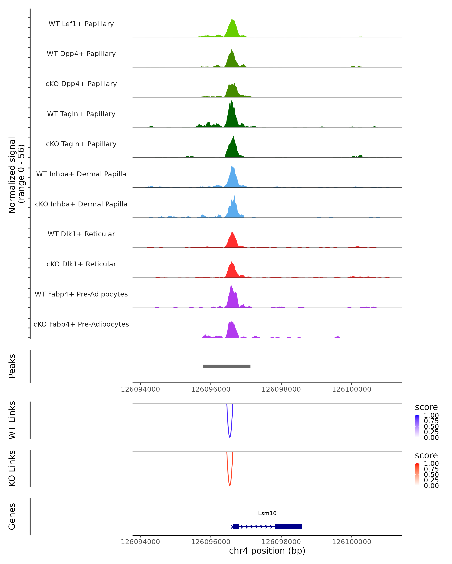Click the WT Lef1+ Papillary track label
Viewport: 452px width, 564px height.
pyautogui.click(x=81, y=24)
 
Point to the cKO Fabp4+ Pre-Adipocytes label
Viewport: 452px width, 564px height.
pyautogui.click(x=81, y=324)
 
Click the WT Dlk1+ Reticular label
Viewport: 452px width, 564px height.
pyautogui.click(x=81, y=234)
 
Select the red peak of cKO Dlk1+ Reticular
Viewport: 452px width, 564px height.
pyautogui.click(x=232, y=262)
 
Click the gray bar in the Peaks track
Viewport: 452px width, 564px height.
pyautogui.click(x=227, y=366)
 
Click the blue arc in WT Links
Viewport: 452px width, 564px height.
pyautogui.click(x=230, y=437)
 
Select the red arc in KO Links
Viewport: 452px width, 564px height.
pyautogui.click(x=230, y=485)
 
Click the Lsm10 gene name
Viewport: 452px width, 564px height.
pyautogui.click(x=267, y=513)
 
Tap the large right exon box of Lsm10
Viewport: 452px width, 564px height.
pyautogui.click(x=288, y=527)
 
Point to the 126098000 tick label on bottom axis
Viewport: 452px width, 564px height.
pyautogui.click(x=281, y=542)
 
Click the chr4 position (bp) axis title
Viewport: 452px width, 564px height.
pyautogui.click(x=267, y=551)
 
